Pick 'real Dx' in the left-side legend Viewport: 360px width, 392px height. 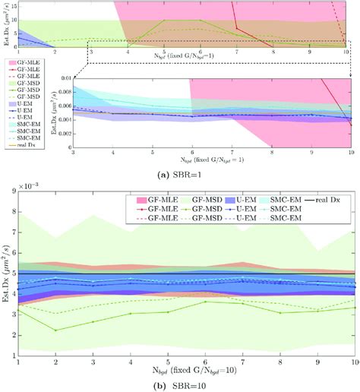click(27, 147)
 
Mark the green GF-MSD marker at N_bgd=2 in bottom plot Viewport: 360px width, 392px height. click(55, 330)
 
